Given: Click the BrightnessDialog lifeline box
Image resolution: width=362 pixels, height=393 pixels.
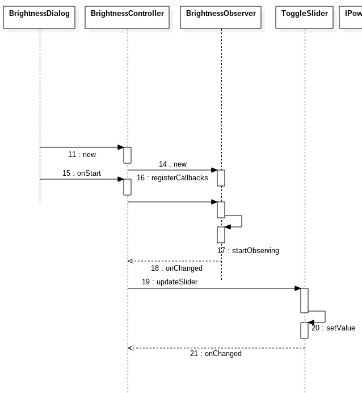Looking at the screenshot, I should tap(39, 14).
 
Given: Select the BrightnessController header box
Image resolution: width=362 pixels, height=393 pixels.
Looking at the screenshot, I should tap(127, 14).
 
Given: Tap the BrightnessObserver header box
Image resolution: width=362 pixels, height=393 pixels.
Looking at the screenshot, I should tap(221, 14).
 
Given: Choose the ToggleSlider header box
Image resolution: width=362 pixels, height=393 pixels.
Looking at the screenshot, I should tap(305, 14).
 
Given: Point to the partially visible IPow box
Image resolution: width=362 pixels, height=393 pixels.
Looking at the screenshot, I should tap(352, 14).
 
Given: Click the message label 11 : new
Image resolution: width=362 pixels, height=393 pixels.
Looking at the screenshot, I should tap(82, 154).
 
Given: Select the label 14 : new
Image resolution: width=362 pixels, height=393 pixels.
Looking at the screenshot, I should tap(172, 164).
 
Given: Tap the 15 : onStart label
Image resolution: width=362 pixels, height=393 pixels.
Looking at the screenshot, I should tap(82, 173).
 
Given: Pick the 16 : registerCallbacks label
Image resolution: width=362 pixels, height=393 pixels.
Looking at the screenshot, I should tap(172, 177).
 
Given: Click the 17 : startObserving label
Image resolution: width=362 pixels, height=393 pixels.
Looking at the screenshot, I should tap(248, 250).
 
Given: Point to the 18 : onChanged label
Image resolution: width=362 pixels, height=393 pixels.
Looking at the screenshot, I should tap(176, 268).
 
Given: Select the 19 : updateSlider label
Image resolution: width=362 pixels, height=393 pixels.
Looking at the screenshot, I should tap(170, 282).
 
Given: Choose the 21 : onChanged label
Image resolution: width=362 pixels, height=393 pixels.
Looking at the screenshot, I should tap(216, 353).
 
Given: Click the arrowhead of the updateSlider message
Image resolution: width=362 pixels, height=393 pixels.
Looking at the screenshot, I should tap(297, 288).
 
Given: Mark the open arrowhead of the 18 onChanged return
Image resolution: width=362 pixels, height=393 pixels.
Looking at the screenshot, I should tap(131, 261).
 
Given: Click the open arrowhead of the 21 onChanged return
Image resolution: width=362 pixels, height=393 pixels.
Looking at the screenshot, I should tap(131, 348).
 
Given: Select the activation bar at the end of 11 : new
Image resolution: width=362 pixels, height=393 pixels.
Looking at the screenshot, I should tap(128, 154).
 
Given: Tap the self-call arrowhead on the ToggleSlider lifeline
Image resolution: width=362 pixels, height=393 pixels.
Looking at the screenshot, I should tap(311, 322).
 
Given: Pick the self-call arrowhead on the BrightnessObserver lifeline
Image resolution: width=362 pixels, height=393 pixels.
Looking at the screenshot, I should tap(228, 227).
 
